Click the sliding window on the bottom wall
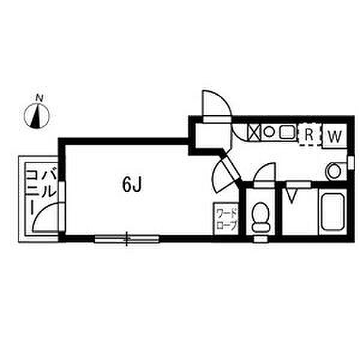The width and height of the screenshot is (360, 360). point(127,239)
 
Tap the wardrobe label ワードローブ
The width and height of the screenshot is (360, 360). point(227,220)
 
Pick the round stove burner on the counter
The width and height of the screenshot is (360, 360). point(269,131)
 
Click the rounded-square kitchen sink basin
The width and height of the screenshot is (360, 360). point(286,131)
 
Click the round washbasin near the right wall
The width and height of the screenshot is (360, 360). point(334,172)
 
